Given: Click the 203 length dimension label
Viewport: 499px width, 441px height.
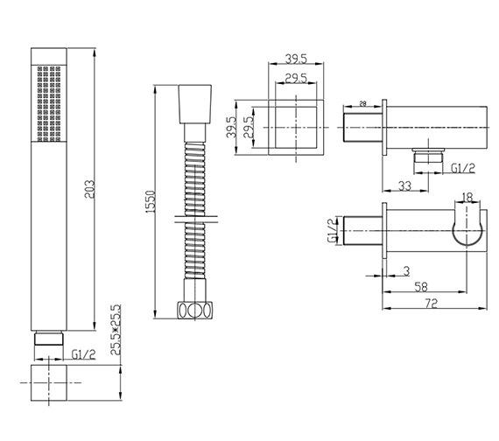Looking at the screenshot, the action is point(90,189).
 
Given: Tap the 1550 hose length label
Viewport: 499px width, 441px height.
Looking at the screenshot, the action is point(150,202).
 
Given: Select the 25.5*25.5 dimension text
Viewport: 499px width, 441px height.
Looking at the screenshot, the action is point(116,330).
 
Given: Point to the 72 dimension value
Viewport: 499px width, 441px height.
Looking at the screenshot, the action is point(432,303).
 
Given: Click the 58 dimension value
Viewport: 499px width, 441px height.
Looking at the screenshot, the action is point(421,287).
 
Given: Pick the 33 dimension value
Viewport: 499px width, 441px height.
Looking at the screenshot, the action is point(404,185).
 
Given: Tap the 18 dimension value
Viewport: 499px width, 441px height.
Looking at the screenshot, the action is point(467,198).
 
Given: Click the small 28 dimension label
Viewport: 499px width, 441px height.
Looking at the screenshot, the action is point(362,103).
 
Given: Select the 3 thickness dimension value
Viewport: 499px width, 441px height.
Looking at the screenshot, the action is point(406,271).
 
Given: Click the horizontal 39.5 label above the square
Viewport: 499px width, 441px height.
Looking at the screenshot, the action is point(296,59).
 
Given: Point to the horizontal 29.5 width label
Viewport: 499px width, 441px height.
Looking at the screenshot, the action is point(296,78).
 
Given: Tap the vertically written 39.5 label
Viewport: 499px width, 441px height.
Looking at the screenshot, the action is point(231,127).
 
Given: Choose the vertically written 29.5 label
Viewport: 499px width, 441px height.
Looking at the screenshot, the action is point(249,127).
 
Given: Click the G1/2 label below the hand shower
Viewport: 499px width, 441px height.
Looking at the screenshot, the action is point(83,354).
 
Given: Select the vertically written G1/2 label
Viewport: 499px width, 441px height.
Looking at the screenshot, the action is point(332,231).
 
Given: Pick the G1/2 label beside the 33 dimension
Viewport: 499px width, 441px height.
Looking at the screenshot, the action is point(463,168).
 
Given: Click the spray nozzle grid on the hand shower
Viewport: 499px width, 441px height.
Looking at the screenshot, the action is point(49,104).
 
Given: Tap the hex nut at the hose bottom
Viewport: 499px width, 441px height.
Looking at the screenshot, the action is point(194,310).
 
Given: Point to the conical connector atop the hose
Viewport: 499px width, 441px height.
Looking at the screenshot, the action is point(194,104).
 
